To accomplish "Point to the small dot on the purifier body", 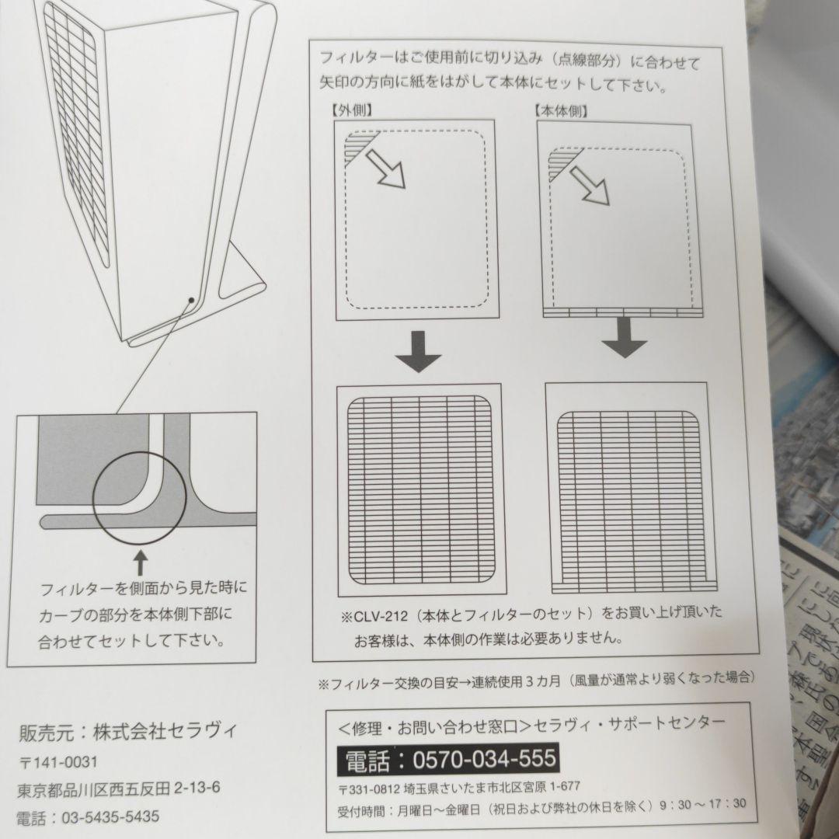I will pos(190,298).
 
